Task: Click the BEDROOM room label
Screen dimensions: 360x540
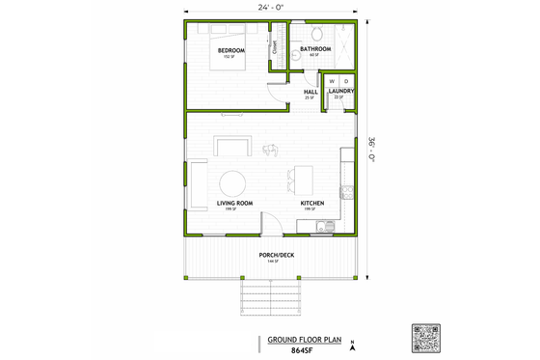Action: tap(230, 50)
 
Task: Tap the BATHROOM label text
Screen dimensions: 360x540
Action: tap(316, 47)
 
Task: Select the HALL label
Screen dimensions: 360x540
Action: tap(310, 92)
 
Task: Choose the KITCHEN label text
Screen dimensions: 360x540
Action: tap(311, 203)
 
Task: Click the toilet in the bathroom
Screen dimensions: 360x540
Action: tap(299, 59)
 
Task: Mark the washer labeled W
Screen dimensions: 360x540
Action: tap(333, 81)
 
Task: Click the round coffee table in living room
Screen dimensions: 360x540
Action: tap(233, 182)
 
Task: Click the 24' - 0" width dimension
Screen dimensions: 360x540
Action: tap(270, 7)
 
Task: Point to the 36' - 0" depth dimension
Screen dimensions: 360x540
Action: tap(372, 149)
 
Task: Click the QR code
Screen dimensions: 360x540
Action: tap(425, 339)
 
